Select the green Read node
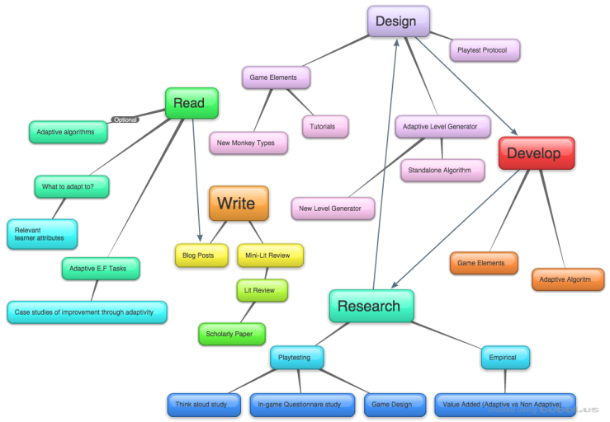pyautogui.click(x=192, y=104)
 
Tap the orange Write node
pyautogui.click(x=239, y=203)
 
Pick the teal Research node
pyautogui.click(x=371, y=306)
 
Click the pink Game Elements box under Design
pyautogui.click(x=275, y=77)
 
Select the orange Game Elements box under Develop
pyautogui.click(x=484, y=263)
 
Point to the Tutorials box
pyautogui.click(x=324, y=126)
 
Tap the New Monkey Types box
pyautogui.click(x=248, y=143)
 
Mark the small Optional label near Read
pyautogui.click(x=125, y=120)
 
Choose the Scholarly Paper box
pyautogui.click(x=231, y=334)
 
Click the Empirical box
pyautogui.click(x=505, y=357)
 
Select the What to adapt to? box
pyautogui.click(x=72, y=186)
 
